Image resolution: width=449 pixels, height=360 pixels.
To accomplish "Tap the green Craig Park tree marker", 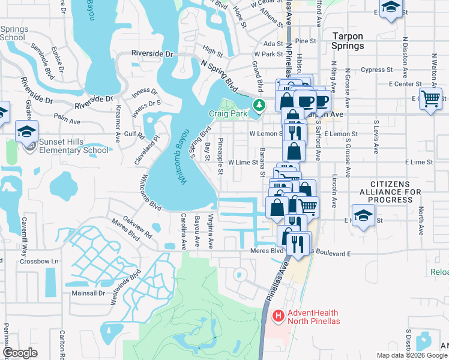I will pos(259,106).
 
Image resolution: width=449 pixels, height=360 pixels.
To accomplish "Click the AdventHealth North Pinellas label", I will pos(314,317).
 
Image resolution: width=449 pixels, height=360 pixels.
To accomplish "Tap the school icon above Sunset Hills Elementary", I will pos(27,131).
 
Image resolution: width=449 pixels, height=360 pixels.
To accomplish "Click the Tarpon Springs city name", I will pos(348,41).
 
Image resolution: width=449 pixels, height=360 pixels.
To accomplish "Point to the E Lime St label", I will pos(418,162).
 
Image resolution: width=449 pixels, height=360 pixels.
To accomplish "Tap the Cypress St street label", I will pos(377,70).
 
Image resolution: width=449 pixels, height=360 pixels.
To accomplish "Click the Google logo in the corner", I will pos(20,353).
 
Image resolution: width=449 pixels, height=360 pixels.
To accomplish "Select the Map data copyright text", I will pos(411,355).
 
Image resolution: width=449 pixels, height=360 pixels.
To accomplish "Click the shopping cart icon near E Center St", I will pos(430,98).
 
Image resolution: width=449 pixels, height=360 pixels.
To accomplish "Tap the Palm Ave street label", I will pos(67,121).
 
